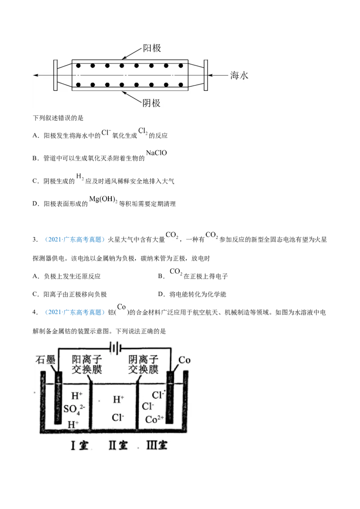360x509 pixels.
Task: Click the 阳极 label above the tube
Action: pos(152,48)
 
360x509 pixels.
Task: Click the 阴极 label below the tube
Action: pos(152,103)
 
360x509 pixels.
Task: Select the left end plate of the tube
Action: pos(54,75)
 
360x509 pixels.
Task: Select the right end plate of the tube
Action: pos(205,75)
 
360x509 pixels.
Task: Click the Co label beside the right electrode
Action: pos(184,360)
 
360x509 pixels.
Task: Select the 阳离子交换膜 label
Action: pos(87,364)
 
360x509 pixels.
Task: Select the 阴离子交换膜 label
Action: pos(143,364)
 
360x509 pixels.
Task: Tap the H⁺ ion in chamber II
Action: pos(118,399)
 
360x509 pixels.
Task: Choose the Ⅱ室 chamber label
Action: pos(118,445)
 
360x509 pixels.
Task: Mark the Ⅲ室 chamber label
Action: pos(157,445)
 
